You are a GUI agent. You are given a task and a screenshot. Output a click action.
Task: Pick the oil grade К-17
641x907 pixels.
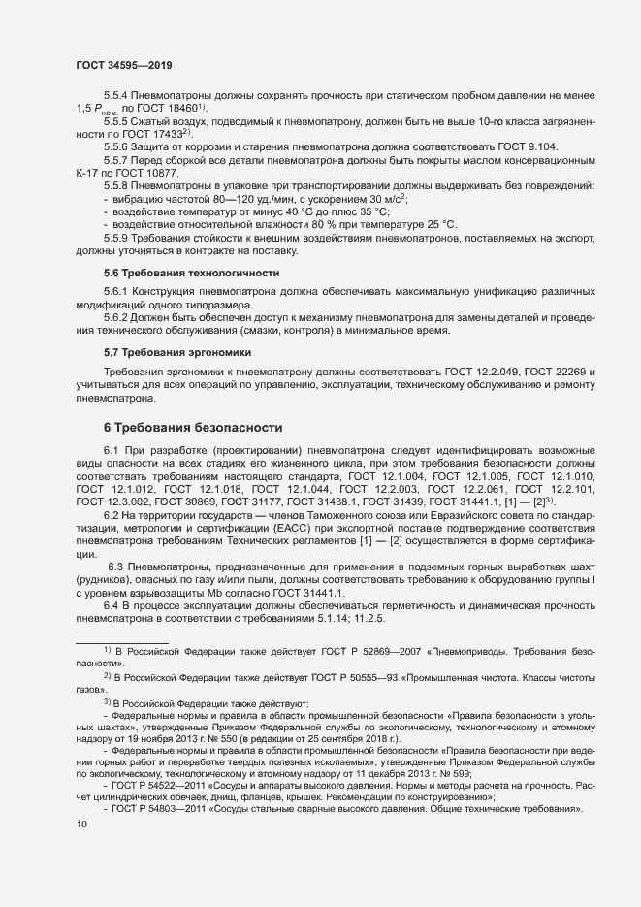[x=90, y=171]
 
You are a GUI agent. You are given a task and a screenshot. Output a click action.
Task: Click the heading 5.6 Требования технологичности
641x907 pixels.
[x=191, y=274]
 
